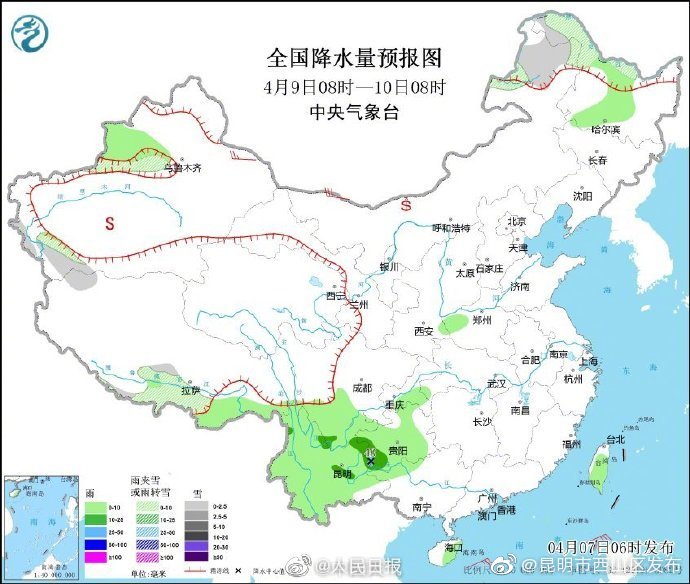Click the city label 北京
click(x=516, y=222)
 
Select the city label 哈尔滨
click(x=605, y=129)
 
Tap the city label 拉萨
click(x=190, y=390)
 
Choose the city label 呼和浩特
click(x=450, y=228)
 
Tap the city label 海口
click(x=453, y=547)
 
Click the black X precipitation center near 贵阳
click(x=371, y=461)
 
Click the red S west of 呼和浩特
click(x=406, y=205)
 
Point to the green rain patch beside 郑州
click(x=454, y=323)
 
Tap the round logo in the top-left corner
click(x=30, y=33)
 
